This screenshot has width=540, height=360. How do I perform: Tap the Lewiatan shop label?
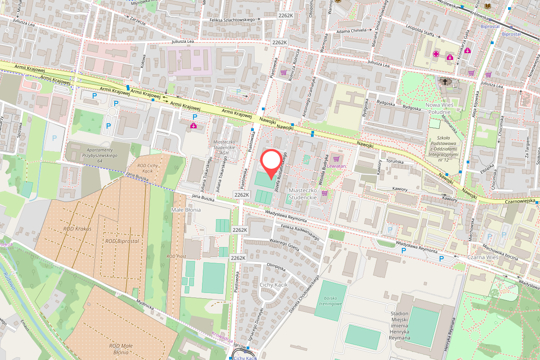tap(337, 166)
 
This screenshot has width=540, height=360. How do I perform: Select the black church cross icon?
tap(445, 81)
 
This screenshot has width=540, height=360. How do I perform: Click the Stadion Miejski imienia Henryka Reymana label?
tap(400, 325)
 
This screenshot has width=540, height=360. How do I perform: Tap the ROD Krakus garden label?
tap(77, 229)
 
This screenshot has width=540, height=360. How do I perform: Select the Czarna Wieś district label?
tap(482, 257)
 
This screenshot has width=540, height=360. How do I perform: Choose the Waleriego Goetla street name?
tap(284, 246)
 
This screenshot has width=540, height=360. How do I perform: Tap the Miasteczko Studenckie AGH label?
tap(224, 147)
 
